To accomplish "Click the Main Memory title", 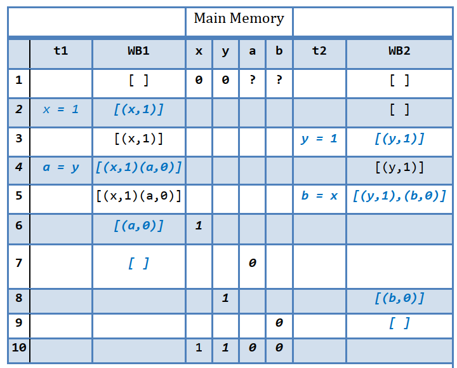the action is (x=239, y=18).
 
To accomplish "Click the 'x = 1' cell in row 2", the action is (x=61, y=109).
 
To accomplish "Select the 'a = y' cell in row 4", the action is (x=61, y=167).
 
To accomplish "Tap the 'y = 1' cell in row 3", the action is (x=319, y=139).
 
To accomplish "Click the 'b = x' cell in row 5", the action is (x=319, y=196).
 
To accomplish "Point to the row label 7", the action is (x=18, y=262).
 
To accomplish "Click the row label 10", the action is (x=18, y=348).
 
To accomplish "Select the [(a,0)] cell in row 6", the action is (x=138, y=225).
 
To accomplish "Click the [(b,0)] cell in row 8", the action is (x=399, y=298).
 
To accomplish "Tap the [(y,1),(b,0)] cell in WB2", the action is (x=399, y=196).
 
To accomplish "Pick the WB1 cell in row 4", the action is (x=138, y=167).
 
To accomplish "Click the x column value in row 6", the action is (x=199, y=225).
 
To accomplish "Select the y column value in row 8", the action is (x=225, y=298).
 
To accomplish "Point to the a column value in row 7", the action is (x=252, y=262).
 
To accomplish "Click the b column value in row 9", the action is (x=279, y=324).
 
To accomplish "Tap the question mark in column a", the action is (x=252, y=80).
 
